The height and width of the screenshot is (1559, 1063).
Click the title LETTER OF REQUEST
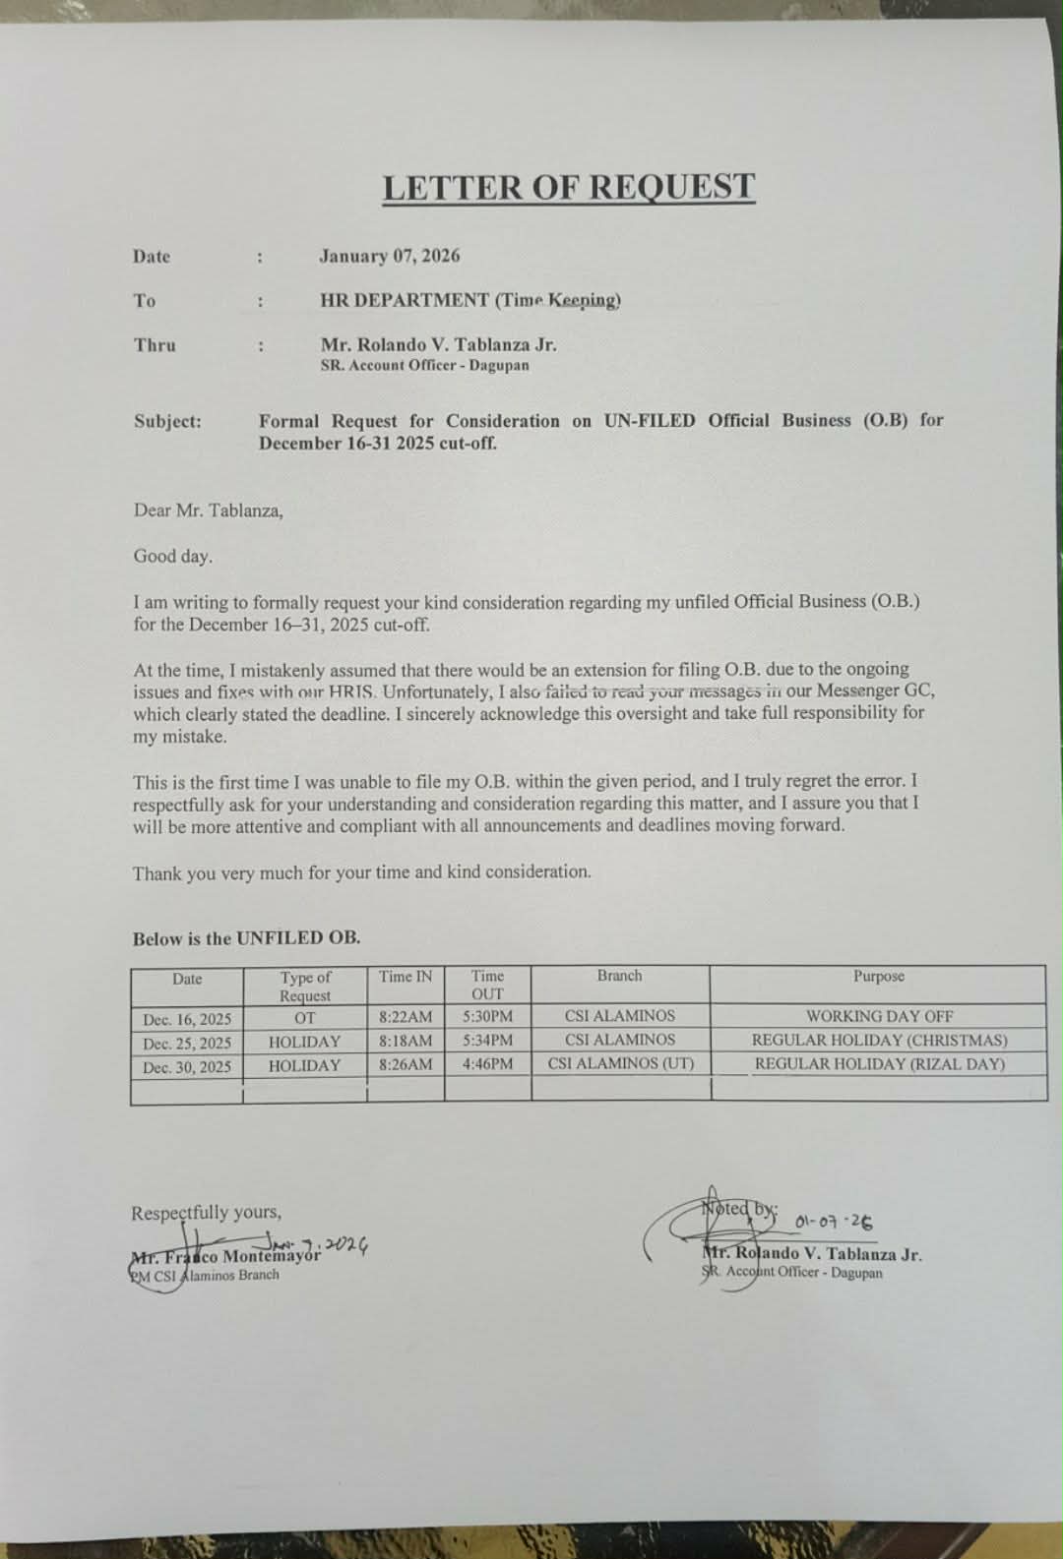click(568, 187)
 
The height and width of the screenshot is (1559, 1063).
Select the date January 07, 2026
click(389, 256)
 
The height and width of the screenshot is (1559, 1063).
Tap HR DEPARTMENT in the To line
click(404, 300)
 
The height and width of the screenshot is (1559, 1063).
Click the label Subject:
click(167, 421)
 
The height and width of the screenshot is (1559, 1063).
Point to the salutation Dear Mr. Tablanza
click(208, 510)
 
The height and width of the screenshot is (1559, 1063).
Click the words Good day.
click(172, 556)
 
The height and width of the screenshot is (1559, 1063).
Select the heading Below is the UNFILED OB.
click(246, 938)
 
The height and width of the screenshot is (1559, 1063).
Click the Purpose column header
click(878, 976)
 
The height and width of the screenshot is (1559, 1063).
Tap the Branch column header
click(619, 976)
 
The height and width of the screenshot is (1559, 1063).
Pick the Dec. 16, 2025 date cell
click(187, 1019)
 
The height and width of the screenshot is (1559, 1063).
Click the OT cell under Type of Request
click(304, 1018)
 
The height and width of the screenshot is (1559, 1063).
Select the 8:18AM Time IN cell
click(406, 1041)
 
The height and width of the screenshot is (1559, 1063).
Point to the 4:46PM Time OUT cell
click(487, 1064)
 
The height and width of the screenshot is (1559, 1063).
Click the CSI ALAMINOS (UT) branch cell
click(620, 1063)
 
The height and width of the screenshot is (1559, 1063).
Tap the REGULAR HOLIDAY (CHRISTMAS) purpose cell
click(879, 1040)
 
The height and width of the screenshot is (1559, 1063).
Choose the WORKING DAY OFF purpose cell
click(879, 1016)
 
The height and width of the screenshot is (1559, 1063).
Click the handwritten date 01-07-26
click(833, 1223)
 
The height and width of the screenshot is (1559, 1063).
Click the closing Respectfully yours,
click(206, 1213)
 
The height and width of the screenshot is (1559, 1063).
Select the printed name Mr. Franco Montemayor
click(226, 1256)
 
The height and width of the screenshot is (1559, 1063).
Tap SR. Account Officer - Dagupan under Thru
click(424, 366)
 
